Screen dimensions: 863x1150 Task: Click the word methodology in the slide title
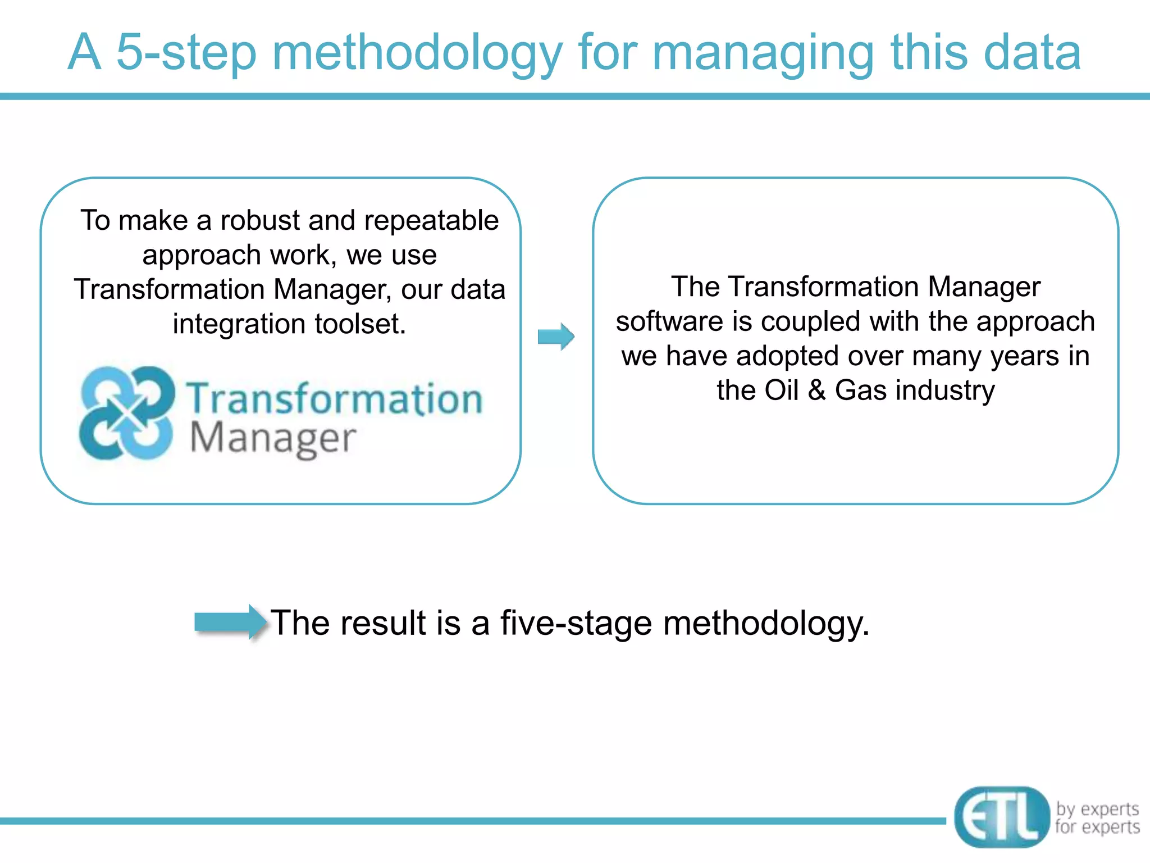(x=417, y=53)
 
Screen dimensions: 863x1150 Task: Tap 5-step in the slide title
(x=186, y=53)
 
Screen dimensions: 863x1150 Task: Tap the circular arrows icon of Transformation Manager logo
(x=127, y=413)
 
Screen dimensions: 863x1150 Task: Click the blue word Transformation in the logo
(x=335, y=398)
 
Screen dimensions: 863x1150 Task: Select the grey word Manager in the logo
(x=273, y=439)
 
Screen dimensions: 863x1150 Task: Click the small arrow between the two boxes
(x=556, y=337)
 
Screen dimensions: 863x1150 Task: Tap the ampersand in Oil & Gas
(x=816, y=390)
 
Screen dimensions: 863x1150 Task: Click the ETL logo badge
(x=1001, y=817)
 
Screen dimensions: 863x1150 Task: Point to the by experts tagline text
(x=1097, y=809)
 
